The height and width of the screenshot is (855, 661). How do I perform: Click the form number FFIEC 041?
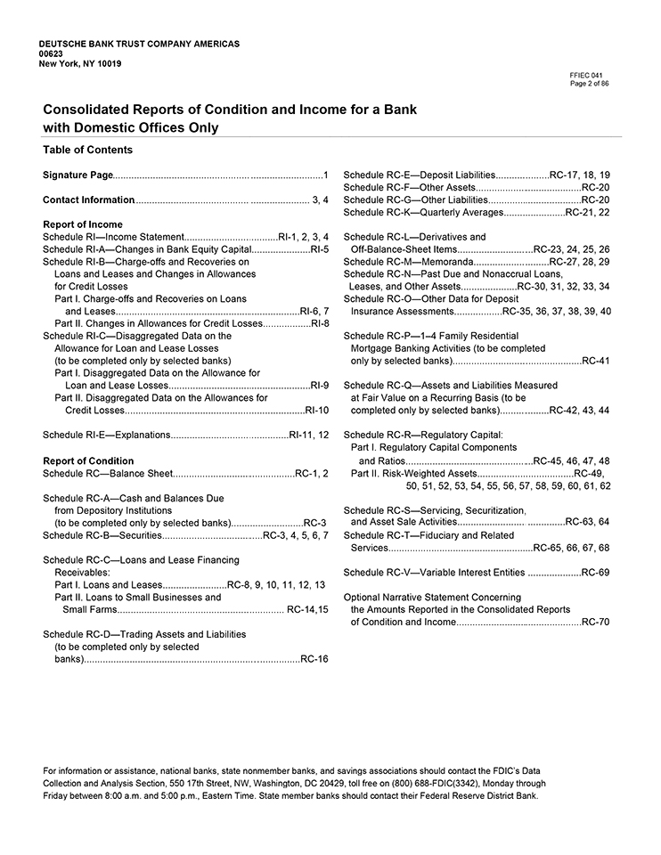pyautogui.click(x=590, y=76)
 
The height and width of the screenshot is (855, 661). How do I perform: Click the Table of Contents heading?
pyautogui.click(x=87, y=150)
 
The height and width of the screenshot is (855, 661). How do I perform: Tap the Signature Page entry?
pyautogui.click(x=78, y=175)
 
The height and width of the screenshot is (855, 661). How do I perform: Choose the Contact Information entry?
pyautogui.click(x=89, y=199)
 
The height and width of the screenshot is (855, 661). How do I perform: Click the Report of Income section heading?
pyautogui.click(x=83, y=224)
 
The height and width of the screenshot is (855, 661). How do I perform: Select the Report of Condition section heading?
pyautogui.click(x=88, y=460)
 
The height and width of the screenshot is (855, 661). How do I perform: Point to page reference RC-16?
pyautogui.click(x=314, y=659)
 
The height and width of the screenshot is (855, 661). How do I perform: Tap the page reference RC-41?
pyautogui.click(x=595, y=361)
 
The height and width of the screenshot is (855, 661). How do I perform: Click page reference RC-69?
pyautogui.click(x=595, y=572)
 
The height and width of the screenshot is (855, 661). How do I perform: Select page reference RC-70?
pyautogui.click(x=595, y=622)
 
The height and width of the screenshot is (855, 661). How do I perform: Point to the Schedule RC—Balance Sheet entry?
pyautogui.click(x=108, y=473)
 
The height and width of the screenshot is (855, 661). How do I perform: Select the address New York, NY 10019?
pyautogui.click(x=81, y=63)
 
